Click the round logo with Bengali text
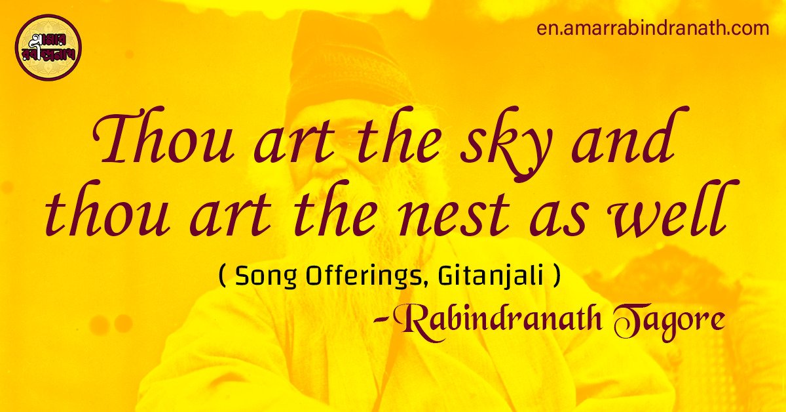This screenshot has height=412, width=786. coord(48,48)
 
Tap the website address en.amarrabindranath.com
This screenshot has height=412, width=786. coord(652,30)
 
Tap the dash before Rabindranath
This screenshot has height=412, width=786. coord(380,321)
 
